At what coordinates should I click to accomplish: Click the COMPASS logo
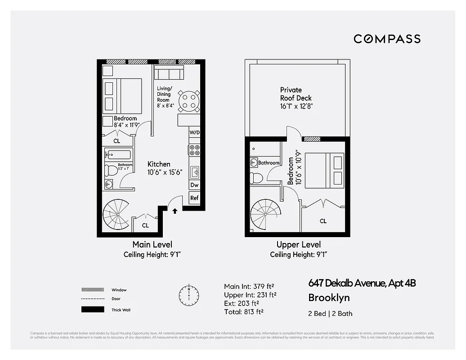click(x=387, y=39)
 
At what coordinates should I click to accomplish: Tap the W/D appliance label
click(x=194, y=132)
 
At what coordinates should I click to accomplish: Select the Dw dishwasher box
click(x=194, y=184)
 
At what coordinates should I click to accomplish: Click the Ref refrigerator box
click(x=194, y=198)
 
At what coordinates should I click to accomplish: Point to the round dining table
click(x=188, y=101)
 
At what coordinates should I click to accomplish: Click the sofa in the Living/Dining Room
click(x=169, y=72)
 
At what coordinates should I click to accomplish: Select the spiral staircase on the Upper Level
click(x=265, y=215)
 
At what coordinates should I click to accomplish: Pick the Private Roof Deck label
click(x=296, y=94)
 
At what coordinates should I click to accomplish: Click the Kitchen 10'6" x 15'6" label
click(x=165, y=168)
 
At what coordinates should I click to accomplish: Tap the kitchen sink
click(x=194, y=171)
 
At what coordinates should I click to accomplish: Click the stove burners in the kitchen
click(x=194, y=150)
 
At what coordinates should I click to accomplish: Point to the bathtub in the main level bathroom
click(x=118, y=155)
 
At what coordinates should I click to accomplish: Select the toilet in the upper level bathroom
click(x=256, y=177)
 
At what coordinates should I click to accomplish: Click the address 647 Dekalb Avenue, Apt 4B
click(x=362, y=283)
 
